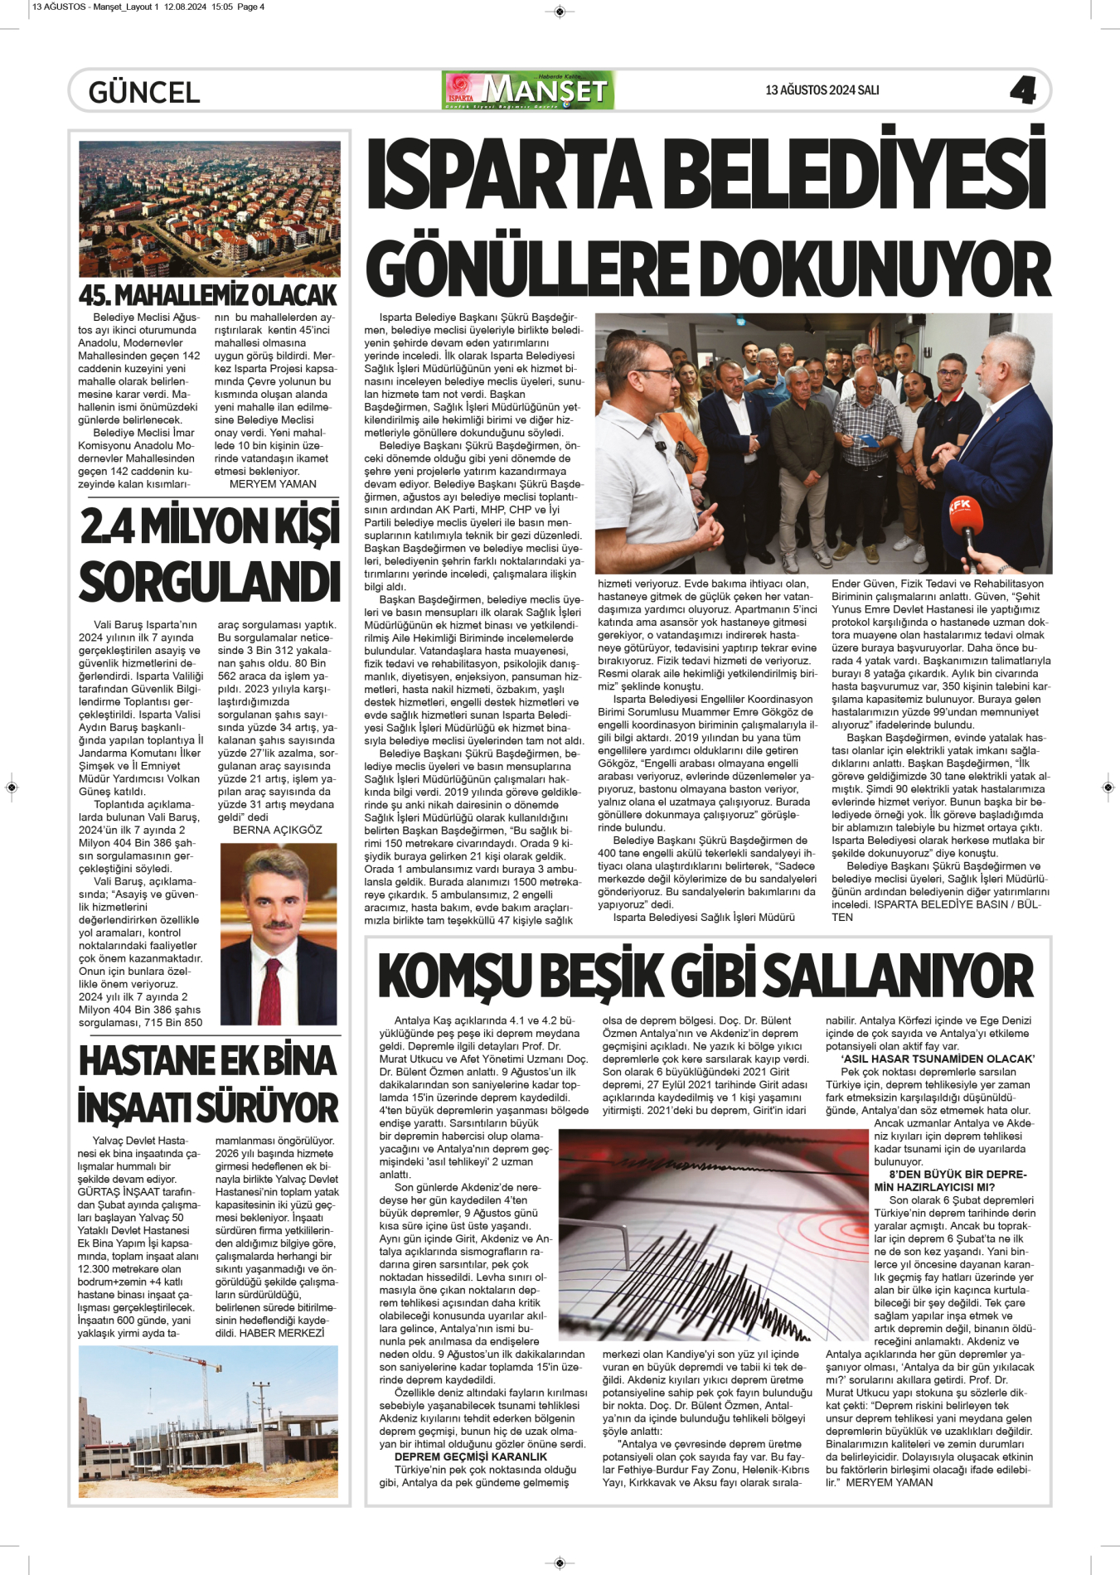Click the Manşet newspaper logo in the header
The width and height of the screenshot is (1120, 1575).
pyautogui.click(x=529, y=90)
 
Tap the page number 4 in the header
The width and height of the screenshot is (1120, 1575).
pyautogui.click(x=1023, y=90)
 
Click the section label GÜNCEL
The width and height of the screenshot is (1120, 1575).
pyautogui.click(x=144, y=92)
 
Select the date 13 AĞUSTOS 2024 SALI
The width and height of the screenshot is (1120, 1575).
pyautogui.click(x=822, y=90)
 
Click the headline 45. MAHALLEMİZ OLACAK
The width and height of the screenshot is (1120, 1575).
pyautogui.click(x=208, y=295)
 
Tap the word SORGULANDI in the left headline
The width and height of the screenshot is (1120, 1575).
pyautogui.click(x=209, y=582)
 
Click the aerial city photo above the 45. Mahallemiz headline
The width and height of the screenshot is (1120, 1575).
pyautogui.click(x=209, y=209)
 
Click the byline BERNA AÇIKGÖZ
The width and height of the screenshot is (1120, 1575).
pyautogui.click(x=277, y=830)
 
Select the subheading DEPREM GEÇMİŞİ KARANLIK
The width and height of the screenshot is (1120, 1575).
pyautogui.click(x=470, y=1456)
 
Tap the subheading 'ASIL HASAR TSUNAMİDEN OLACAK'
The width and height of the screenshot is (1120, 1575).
pyautogui.click(x=938, y=1059)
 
